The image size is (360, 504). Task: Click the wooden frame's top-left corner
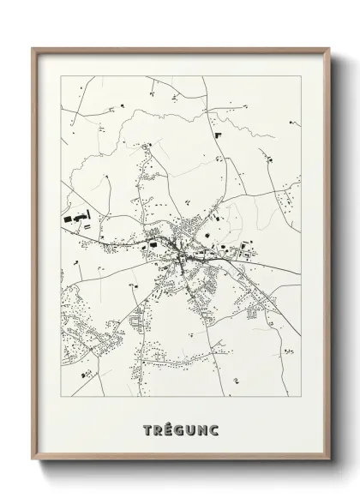[32, 47]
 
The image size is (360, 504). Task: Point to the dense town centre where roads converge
[181, 251]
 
